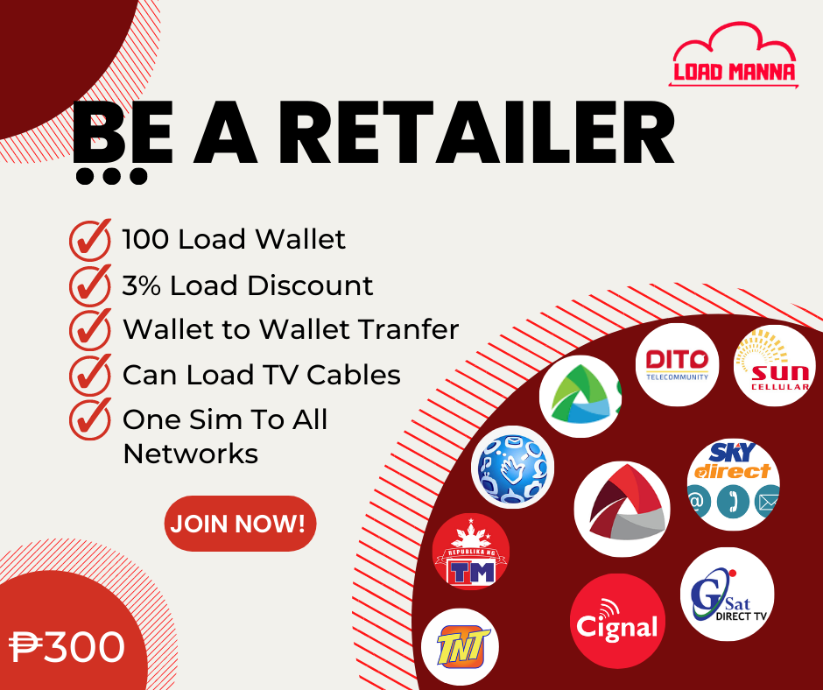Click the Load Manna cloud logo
point(734,55)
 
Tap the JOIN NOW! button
point(241,524)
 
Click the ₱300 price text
point(67,647)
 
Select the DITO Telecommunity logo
point(677,364)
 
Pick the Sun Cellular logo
point(775,365)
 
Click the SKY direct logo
point(733,484)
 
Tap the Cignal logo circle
point(617,621)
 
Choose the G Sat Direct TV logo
point(728,594)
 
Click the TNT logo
point(461,647)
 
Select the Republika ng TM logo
point(471,552)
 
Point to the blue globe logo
point(512,467)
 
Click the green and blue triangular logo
point(580,397)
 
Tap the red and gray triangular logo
point(622,509)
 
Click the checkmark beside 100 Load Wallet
point(90,240)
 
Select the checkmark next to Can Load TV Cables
point(90,375)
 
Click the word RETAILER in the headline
point(481,134)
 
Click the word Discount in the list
point(310,285)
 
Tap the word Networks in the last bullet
point(190,454)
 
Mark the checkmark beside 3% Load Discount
point(90,285)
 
